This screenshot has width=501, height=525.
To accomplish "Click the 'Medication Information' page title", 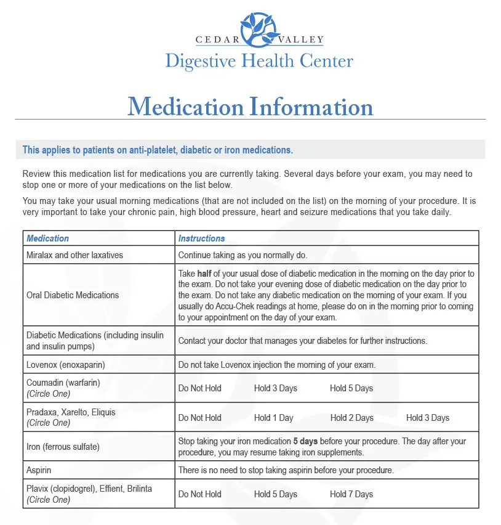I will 250,107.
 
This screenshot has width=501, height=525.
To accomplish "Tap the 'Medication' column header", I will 47,238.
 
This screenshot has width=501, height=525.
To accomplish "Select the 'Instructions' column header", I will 201,238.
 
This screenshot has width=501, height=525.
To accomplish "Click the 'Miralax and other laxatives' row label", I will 74,254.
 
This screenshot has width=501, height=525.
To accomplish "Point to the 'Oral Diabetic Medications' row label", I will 73,295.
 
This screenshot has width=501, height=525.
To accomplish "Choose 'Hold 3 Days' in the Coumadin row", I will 275,388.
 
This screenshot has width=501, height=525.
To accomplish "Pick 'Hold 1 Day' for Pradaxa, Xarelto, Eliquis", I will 273,418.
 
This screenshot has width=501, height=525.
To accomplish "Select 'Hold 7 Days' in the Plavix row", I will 351,494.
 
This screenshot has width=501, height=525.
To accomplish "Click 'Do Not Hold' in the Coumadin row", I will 199,388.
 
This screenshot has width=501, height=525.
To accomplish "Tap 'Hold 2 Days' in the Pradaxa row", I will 351,418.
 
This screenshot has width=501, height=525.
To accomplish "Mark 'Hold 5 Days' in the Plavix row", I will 275,494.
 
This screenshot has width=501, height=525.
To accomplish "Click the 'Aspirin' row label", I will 39,470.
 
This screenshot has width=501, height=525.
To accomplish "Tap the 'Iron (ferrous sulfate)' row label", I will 63,447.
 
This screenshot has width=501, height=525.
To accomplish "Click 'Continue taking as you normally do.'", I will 242,254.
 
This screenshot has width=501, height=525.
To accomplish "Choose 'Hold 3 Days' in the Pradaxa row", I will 427,418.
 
